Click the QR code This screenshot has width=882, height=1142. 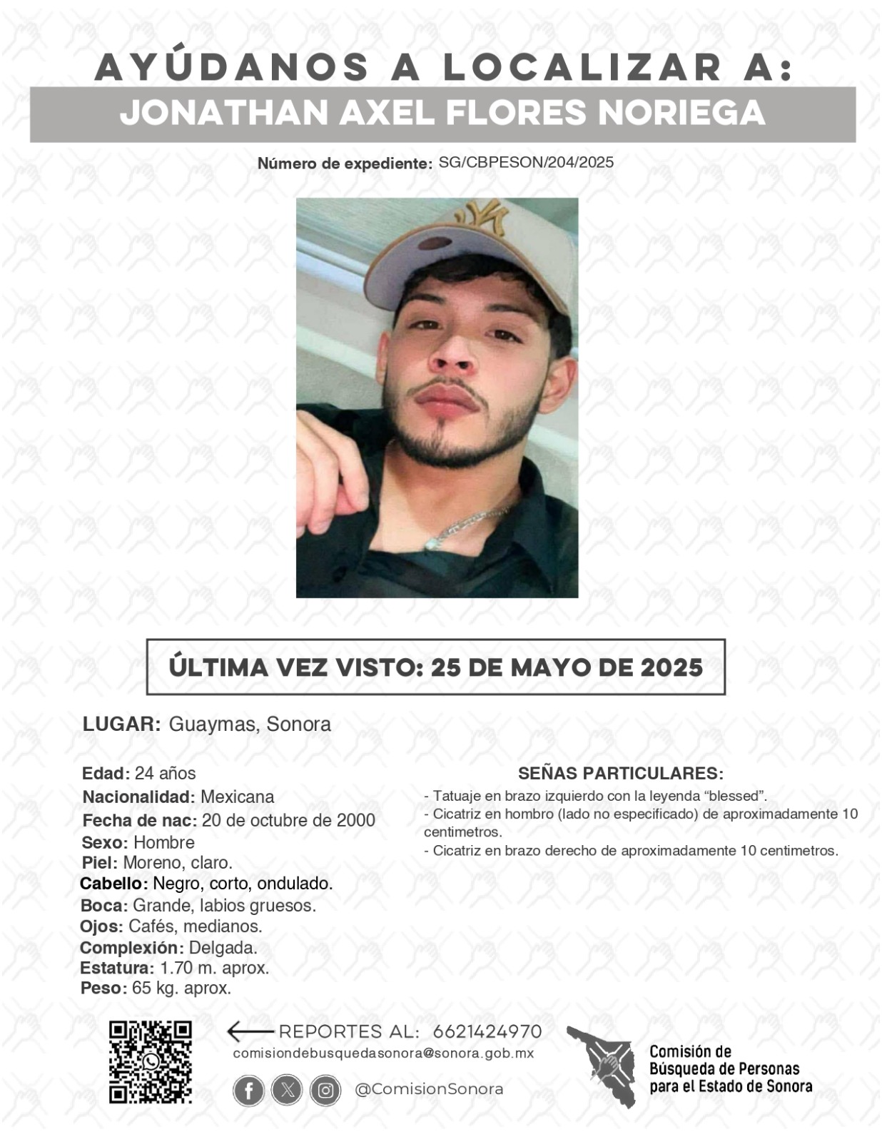pyautogui.click(x=150, y=1061)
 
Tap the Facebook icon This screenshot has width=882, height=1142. pyautogui.click(x=248, y=1091)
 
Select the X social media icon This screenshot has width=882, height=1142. pyautogui.click(x=287, y=1091)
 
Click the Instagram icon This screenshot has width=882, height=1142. pyautogui.click(x=325, y=1091)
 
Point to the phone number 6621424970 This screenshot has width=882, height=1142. pyautogui.click(x=487, y=1031)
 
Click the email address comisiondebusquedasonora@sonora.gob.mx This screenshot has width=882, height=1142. pyautogui.click(x=383, y=1053)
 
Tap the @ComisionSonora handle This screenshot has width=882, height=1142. pyautogui.click(x=429, y=1089)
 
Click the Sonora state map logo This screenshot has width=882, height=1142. pyautogui.click(x=602, y=1066)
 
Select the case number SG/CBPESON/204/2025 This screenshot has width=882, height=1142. pyautogui.click(x=526, y=162)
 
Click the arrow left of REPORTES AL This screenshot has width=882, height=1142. pyautogui.click(x=249, y=1031)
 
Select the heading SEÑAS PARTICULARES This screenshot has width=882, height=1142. pyautogui.click(x=621, y=773)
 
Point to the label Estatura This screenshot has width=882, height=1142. pyautogui.click(x=116, y=969)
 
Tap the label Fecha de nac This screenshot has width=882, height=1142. pyautogui.click(x=139, y=820)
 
